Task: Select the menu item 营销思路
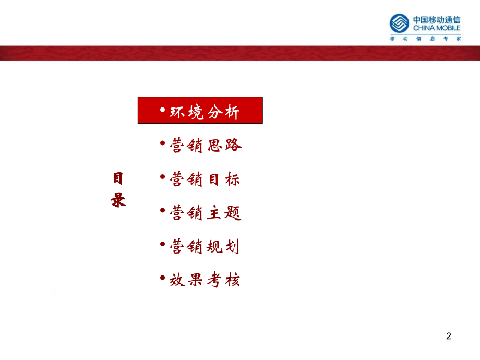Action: tap(206, 146)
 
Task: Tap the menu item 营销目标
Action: tap(205, 179)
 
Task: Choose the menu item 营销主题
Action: tap(206, 213)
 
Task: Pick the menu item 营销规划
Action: tap(205, 246)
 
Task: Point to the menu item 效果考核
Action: tap(205, 280)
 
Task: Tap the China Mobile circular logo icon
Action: tap(400, 23)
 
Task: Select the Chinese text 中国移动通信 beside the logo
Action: tap(437, 19)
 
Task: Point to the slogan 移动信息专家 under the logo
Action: tap(426, 39)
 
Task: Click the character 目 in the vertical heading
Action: tap(118, 179)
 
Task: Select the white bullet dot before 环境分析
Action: tap(162, 109)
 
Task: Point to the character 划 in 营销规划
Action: tap(233, 246)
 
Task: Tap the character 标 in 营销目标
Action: tap(233, 179)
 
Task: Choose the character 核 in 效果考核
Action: tap(233, 280)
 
